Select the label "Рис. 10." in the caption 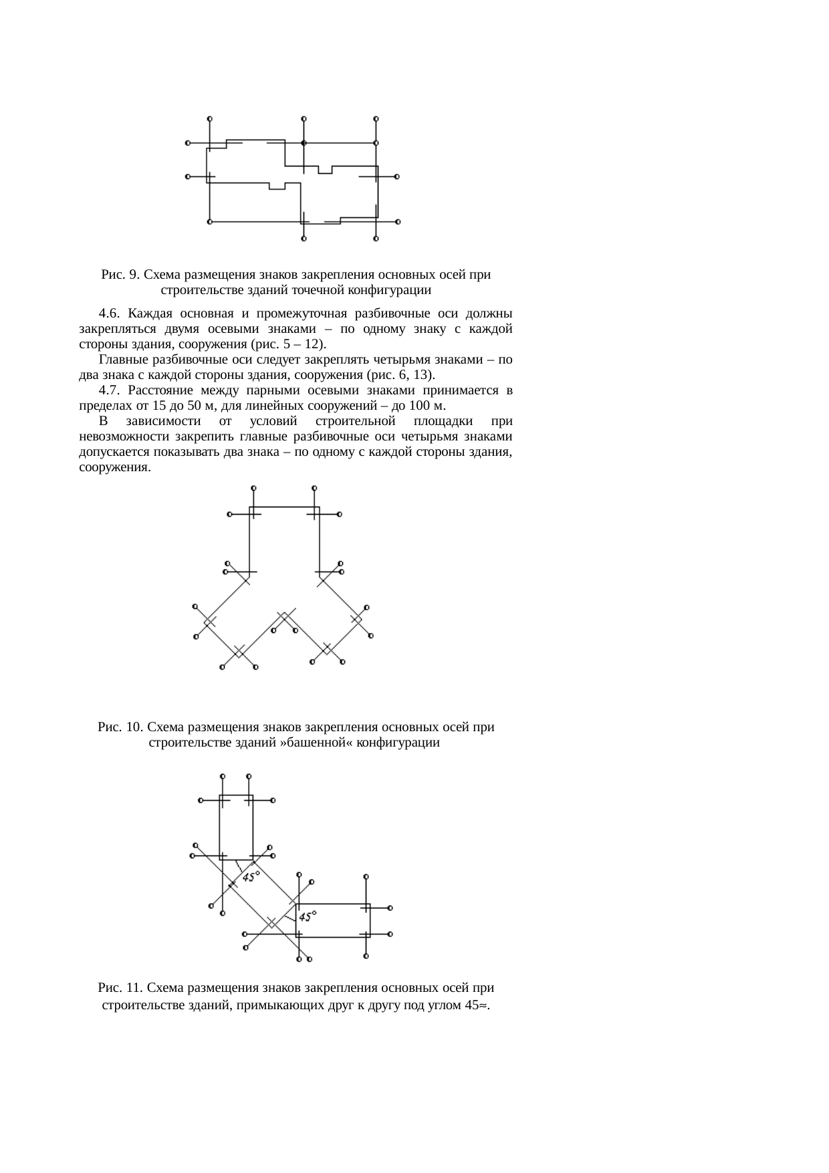(120, 727)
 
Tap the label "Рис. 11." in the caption (120, 987)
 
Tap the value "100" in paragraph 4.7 (422, 406)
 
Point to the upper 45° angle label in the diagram (251, 876)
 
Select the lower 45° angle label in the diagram (308, 916)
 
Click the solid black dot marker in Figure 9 (304, 143)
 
